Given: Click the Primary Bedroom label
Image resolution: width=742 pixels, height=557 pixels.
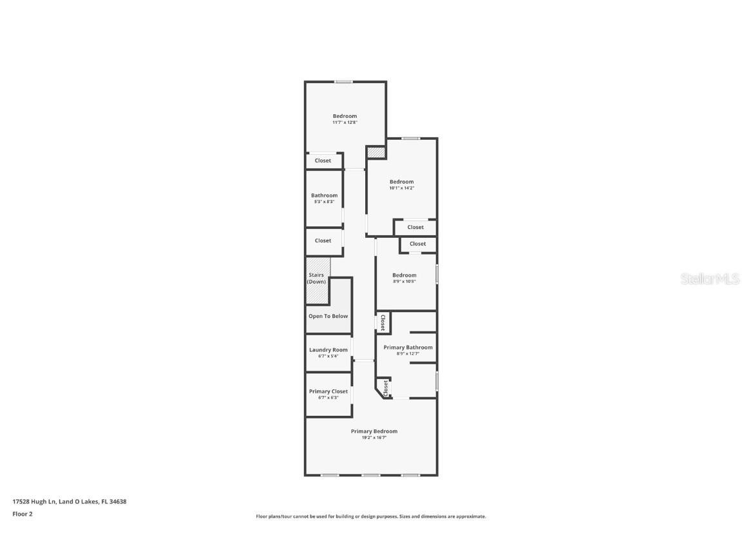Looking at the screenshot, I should point(374,431).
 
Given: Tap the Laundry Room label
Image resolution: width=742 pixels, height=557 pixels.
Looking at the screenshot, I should point(328,350).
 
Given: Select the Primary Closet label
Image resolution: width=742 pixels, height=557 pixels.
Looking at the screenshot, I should point(328,391).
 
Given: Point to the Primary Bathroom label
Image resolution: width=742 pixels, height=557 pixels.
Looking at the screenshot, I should point(408,347).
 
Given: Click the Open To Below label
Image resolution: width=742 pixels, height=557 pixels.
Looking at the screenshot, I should point(328,316).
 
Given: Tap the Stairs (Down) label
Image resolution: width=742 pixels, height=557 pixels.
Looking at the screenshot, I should point(316,278).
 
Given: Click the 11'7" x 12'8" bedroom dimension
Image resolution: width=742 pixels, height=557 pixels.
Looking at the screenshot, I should point(345,122).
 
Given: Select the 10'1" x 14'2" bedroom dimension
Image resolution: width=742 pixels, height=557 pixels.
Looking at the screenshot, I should point(401,188).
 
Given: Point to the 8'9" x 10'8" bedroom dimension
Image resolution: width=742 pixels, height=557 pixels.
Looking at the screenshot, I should point(404,282).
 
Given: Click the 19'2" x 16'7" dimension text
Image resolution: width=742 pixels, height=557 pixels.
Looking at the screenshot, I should point(374,438).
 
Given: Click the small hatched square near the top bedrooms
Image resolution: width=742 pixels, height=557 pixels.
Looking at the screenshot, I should point(376,153).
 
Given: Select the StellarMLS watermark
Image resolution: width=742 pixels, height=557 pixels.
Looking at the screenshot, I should point(711,278).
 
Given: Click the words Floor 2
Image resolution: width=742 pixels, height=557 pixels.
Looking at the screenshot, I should point(22,514).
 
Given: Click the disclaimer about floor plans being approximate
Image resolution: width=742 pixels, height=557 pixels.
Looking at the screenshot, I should point(370,516).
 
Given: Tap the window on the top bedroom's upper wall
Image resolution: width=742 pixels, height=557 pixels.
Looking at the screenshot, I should point(343,82).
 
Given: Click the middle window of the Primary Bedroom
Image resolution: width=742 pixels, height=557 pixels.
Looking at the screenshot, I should point(370,475).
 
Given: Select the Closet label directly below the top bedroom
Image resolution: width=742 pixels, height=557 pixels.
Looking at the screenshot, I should point(323,161).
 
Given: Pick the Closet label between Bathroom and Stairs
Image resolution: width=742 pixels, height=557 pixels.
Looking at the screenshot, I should point(323,240).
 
